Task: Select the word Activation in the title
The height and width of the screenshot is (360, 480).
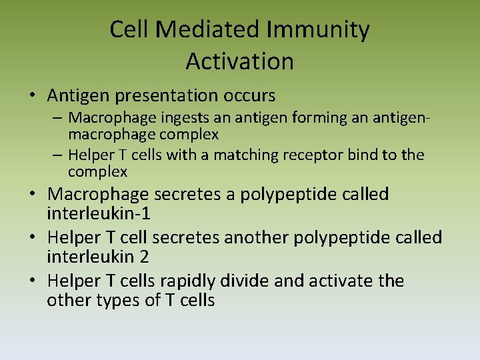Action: [239, 61]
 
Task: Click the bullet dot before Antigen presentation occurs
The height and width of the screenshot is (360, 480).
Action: [32, 96]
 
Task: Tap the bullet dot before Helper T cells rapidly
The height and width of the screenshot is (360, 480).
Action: [32, 281]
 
